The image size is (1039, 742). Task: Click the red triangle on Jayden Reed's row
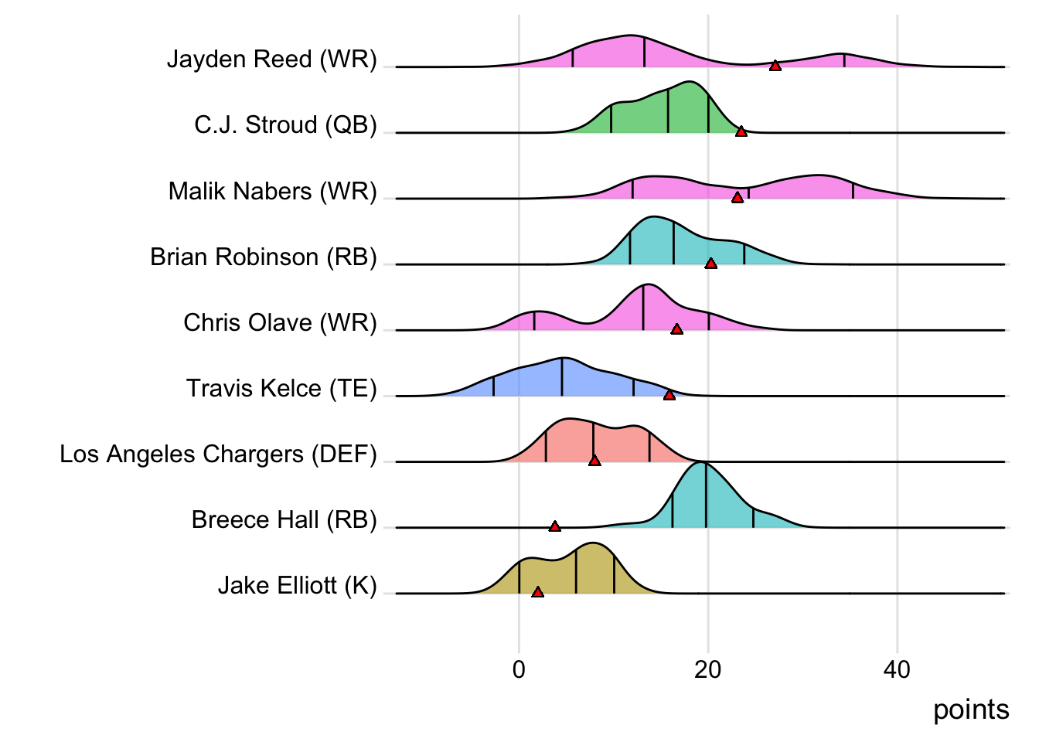pyautogui.click(x=775, y=66)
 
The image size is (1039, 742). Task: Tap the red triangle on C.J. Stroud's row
pyautogui.click(x=741, y=131)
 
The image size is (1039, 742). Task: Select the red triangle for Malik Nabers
pyautogui.click(x=738, y=197)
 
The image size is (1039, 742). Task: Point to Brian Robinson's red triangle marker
pyautogui.click(x=711, y=264)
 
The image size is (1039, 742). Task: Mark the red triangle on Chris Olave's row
pyautogui.click(x=676, y=329)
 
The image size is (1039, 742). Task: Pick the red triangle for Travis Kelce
pyautogui.click(x=669, y=395)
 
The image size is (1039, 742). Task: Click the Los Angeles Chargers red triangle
pyautogui.click(x=594, y=461)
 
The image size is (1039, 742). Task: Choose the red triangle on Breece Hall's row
pyautogui.click(x=554, y=526)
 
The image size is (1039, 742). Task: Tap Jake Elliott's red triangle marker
pyautogui.click(x=537, y=592)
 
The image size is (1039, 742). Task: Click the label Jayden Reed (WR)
pyautogui.click(x=272, y=60)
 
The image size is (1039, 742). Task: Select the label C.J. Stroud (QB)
pyautogui.click(x=285, y=125)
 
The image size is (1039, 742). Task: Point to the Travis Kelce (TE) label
pyautogui.click(x=281, y=388)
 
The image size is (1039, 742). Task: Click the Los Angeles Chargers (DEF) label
pyautogui.click(x=218, y=454)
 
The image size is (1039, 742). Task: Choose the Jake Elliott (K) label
pyautogui.click(x=297, y=586)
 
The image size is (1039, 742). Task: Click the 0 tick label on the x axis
pyautogui.click(x=519, y=669)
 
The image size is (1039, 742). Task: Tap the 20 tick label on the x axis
pyautogui.click(x=707, y=669)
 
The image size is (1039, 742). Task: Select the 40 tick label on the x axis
pyautogui.click(x=897, y=669)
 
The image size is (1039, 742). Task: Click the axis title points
pyautogui.click(x=971, y=710)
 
